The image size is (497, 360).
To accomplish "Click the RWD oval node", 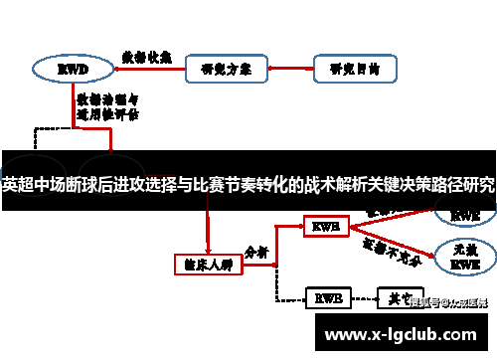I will pos(73,70).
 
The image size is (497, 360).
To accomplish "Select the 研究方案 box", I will pos(226,70).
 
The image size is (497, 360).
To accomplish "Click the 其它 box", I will pos(399,297).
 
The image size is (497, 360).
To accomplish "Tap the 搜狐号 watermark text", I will pos(449,302).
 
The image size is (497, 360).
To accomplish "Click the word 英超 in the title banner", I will pos(20,185).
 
